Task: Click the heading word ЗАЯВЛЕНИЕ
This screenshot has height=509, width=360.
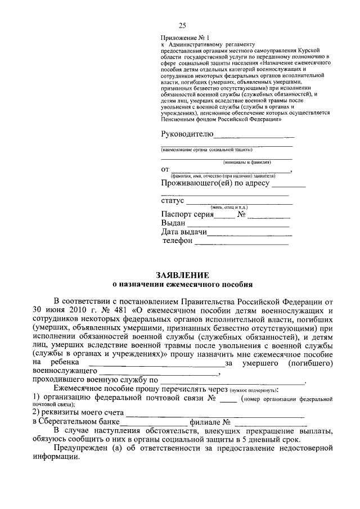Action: [x=183, y=275]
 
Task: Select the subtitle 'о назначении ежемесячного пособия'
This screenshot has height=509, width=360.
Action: [x=183, y=285]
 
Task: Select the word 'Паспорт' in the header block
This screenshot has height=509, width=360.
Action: [x=176, y=214]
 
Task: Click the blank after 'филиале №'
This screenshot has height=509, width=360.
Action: [x=269, y=423]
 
